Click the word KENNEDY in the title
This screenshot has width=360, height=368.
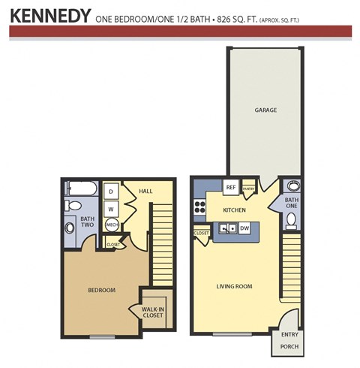(51, 15)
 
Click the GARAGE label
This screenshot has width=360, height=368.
(265, 110)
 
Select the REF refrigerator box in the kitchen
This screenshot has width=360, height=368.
(231, 187)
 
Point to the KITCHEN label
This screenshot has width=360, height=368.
(235, 210)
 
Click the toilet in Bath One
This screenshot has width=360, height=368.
(291, 221)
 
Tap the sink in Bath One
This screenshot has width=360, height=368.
(292, 186)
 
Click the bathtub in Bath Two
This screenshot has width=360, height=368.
(80, 188)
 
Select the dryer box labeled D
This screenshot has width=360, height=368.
(111, 190)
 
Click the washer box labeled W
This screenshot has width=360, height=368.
(111, 208)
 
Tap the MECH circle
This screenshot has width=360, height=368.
(112, 225)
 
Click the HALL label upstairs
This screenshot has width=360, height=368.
(145, 192)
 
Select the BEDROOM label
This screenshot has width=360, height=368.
(102, 290)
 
